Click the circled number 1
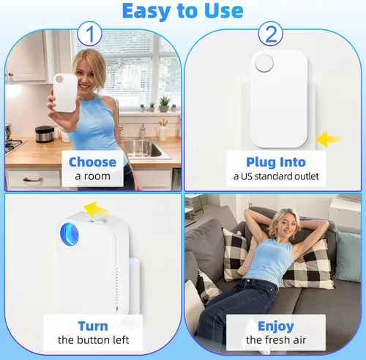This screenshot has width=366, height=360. click(x=89, y=34)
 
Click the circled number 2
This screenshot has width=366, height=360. click(x=271, y=34)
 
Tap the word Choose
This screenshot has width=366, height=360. click(x=92, y=162)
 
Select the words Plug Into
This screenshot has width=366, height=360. click(x=276, y=162)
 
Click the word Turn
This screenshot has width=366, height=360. click(x=93, y=326)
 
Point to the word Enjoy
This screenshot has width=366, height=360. click(x=276, y=326)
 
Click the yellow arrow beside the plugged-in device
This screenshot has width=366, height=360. click(x=329, y=139)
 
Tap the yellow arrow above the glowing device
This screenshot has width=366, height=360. click(x=96, y=209)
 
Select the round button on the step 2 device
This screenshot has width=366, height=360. click(x=264, y=63)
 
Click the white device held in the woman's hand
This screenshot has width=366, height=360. click(x=65, y=93)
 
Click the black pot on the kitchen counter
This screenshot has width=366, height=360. click(x=44, y=134)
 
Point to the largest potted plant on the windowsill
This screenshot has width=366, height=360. click(x=165, y=104)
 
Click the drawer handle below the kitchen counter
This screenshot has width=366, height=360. click(x=33, y=180)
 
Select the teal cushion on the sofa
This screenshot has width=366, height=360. click(x=348, y=257)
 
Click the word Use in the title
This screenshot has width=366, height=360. click(x=224, y=11)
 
